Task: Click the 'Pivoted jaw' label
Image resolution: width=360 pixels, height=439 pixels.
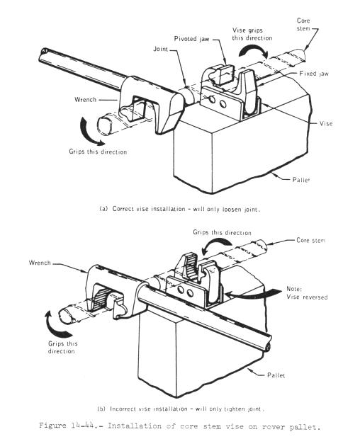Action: (x=191, y=39)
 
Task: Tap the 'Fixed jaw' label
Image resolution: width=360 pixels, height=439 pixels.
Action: (x=314, y=74)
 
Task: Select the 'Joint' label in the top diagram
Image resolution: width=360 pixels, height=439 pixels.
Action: (x=161, y=49)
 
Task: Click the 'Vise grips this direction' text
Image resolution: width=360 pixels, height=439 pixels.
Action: (x=252, y=34)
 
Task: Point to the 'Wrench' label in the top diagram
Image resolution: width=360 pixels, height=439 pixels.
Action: (x=85, y=99)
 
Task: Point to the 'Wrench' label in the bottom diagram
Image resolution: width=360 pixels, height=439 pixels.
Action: (x=40, y=263)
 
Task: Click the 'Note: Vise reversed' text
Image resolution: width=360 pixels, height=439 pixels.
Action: (x=307, y=293)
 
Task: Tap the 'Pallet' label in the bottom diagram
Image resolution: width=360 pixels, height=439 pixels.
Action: (x=276, y=375)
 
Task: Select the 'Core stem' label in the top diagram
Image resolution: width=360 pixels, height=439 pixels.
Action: (x=303, y=24)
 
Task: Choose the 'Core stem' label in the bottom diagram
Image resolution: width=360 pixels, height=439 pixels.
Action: (x=310, y=240)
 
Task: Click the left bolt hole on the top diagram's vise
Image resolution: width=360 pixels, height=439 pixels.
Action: (x=212, y=99)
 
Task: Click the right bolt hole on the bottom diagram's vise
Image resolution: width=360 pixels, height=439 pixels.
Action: (x=190, y=293)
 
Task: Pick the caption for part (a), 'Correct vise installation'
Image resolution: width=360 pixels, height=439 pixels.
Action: (x=180, y=209)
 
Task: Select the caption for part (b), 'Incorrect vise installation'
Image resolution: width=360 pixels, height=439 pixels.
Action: (x=181, y=409)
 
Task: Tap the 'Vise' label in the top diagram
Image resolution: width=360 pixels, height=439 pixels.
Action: (x=326, y=123)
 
